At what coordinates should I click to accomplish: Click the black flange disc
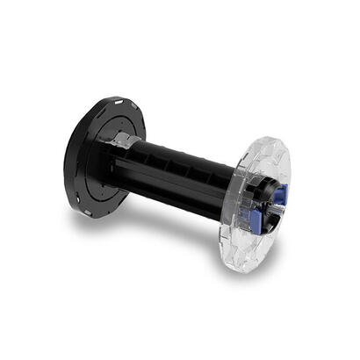tap(83, 158)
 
